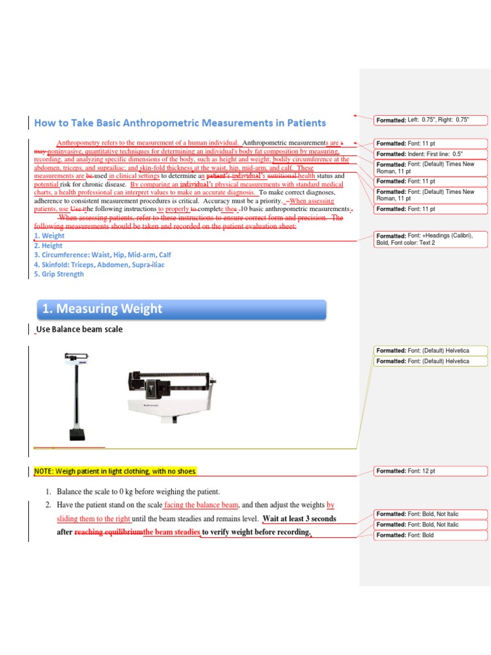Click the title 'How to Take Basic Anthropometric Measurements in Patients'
[180, 123]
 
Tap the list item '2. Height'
[49, 245]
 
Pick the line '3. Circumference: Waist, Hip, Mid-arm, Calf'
[102, 255]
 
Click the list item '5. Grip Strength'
[59, 274]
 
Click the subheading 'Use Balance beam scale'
[79, 329]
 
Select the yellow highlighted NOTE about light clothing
[115, 471]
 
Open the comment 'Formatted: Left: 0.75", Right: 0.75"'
[431, 120]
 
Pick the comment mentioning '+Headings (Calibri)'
[431, 239]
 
